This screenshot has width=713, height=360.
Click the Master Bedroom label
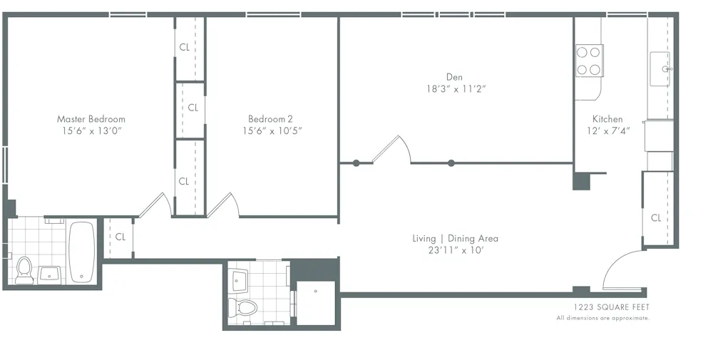click(x=91, y=119)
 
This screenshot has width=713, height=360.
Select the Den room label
click(x=455, y=77)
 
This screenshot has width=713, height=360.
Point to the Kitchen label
click(x=607, y=119)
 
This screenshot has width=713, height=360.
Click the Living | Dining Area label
click(x=455, y=238)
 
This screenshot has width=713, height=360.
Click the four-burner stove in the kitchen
click(x=589, y=61)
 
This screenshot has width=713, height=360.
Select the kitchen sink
click(x=660, y=69)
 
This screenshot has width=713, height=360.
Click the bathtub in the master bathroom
click(x=81, y=252)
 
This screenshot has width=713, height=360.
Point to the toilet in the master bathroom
click(x=24, y=270)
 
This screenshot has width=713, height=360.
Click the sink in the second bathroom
click(x=238, y=278)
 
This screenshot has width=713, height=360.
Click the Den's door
click(x=392, y=150)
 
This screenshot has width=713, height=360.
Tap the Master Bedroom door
click(x=154, y=205)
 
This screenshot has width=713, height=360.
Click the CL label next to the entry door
click(x=656, y=218)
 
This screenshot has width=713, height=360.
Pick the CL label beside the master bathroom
click(x=120, y=237)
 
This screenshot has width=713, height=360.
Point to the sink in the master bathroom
click(x=50, y=274)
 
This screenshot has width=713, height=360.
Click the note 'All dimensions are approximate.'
click(x=603, y=318)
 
